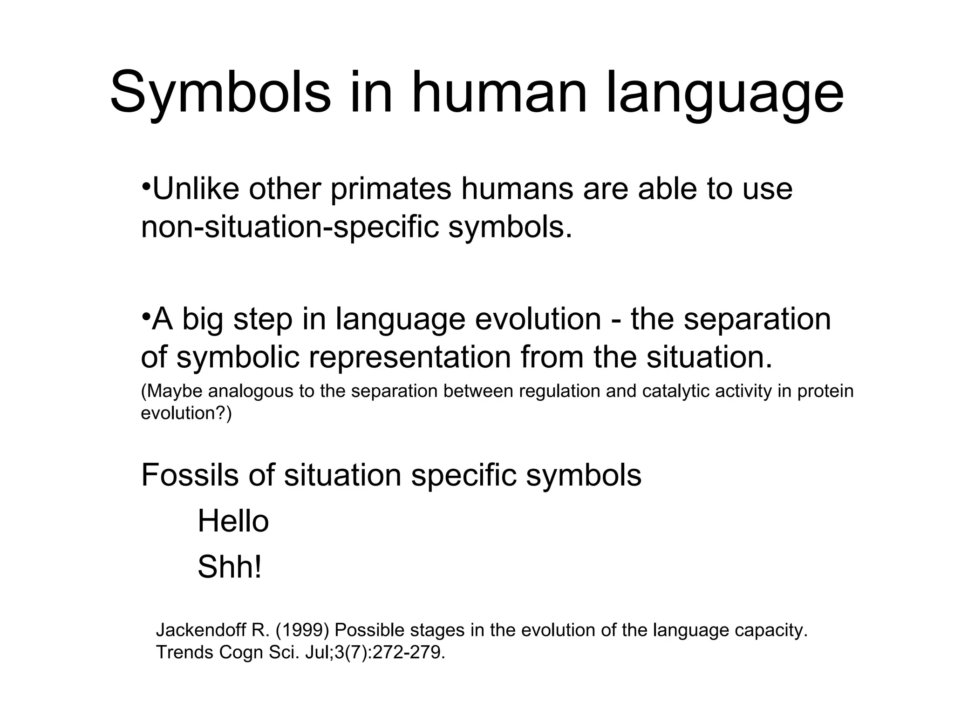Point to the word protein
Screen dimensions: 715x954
point(825,391)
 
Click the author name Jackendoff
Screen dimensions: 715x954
point(201,630)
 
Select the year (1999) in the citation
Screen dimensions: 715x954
point(303,630)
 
